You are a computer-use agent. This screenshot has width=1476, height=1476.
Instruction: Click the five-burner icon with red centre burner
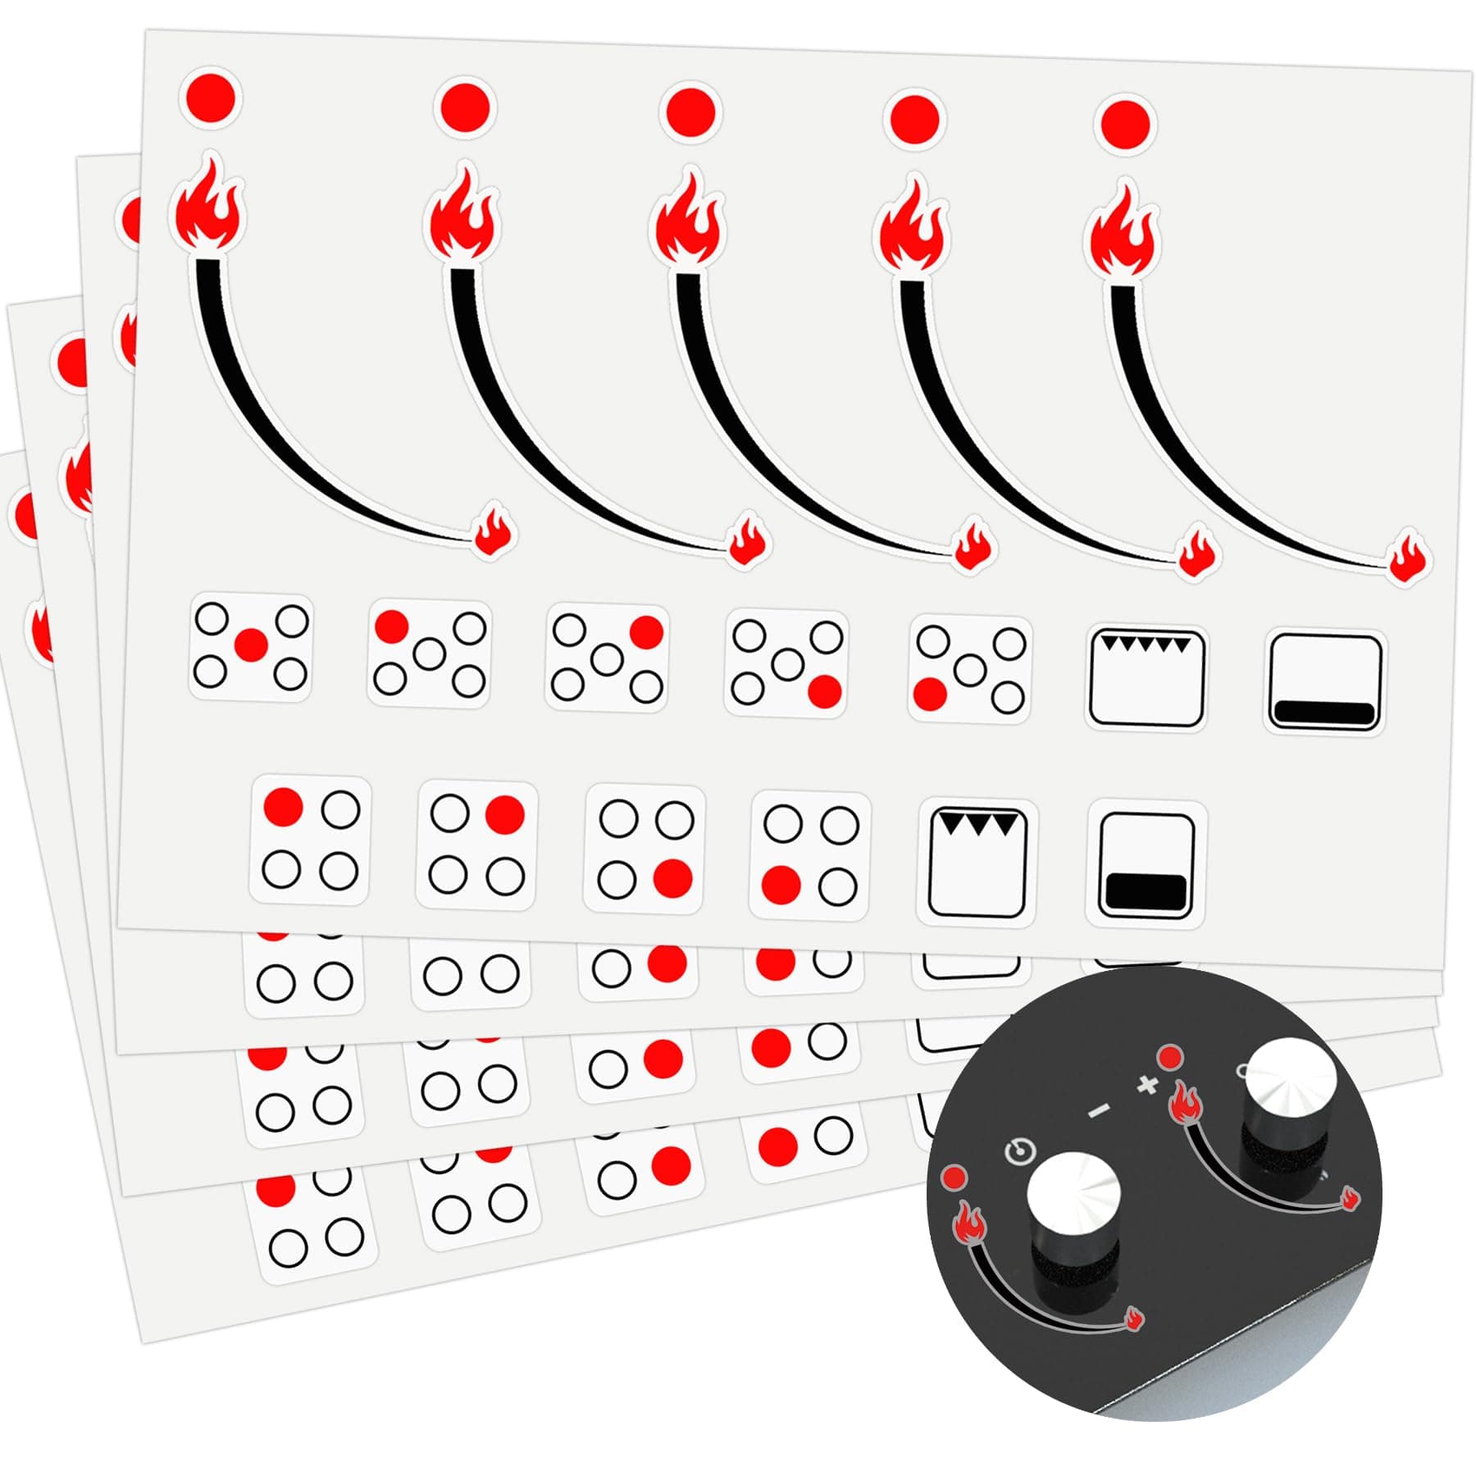pyautogui.click(x=251, y=648)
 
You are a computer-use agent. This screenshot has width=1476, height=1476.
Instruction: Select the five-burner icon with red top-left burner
pyautogui.click(x=429, y=654)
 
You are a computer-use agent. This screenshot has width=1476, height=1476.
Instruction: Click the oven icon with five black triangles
pyautogui.click(x=1146, y=677)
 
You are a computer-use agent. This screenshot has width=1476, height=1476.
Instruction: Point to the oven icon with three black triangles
pyautogui.click(x=977, y=863)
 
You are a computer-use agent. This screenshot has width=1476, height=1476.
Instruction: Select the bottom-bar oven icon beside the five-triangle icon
pyautogui.click(x=1325, y=683)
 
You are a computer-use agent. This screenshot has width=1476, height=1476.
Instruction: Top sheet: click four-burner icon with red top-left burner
pyautogui.click(x=311, y=840)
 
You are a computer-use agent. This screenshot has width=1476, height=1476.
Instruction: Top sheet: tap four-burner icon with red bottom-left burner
pyautogui.click(x=810, y=854)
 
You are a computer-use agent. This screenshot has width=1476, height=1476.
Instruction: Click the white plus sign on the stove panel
pyautogui.click(x=1148, y=1085)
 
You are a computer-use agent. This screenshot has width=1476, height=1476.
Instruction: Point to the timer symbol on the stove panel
pyautogui.click(x=1019, y=1151)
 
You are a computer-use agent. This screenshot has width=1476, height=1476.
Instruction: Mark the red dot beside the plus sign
pyautogui.click(x=1168, y=1056)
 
